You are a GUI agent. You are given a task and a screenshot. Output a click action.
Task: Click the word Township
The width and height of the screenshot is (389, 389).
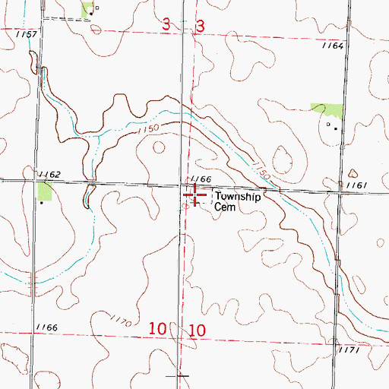pyautogui.click(x=236, y=196)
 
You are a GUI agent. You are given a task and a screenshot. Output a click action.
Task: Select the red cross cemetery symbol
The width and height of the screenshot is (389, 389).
pyautogui.click(x=194, y=196)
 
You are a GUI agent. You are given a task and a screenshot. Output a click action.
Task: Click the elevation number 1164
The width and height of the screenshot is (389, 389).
pyautogui.click(x=333, y=46)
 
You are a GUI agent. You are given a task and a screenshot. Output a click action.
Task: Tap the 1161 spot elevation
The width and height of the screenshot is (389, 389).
pyautogui.click(x=357, y=185)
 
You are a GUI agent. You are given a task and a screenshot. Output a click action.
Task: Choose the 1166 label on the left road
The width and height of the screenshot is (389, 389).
pyautogui.click(x=46, y=327)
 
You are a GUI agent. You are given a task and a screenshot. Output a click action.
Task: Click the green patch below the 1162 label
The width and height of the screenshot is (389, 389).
pyautogui.click(x=44, y=191)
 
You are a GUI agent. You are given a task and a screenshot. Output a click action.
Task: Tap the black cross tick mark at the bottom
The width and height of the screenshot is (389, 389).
pyautogui.click(x=182, y=375)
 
